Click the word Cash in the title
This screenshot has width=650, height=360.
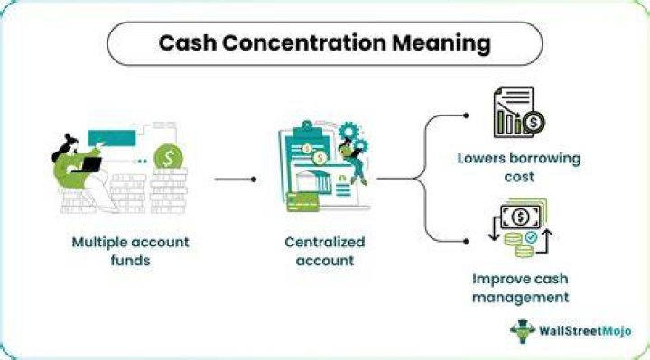pyautogui.click(x=188, y=43)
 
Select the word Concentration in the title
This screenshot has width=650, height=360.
pyautogui.click(x=304, y=43)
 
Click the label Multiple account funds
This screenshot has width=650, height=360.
pyautogui.click(x=130, y=251)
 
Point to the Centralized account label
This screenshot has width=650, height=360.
pyautogui.click(x=325, y=251)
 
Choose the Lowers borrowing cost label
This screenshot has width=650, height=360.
pyautogui.click(x=519, y=167)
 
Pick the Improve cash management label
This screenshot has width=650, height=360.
pyautogui.click(x=520, y=288)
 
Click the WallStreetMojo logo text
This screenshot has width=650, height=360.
pyautogui.click(x=585, y=331)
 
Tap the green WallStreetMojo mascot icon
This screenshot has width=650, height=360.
pyautogui.click(x=523, y=331)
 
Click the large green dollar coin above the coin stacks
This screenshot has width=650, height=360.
pyautogui.click(x=168, y=157)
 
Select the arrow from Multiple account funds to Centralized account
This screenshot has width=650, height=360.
pyautogui.click(x=236, y=180)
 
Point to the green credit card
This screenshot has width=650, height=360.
pyautogui.click(x=302, y=202)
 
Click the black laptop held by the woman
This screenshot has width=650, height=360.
pyautogui.click(x=90, y=165)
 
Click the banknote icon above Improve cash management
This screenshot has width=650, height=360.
pyautogui.click(x=521, y=217)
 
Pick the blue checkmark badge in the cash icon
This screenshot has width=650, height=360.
pyautogui.click(x=531, y=237)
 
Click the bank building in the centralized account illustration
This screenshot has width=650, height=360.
pyautogui.click(x=313, y=181)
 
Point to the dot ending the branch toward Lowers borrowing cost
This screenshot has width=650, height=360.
pyautogui.click(x=466, y=116)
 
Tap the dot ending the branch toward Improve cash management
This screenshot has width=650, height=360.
pyautogui.click(x=466, y=241)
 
